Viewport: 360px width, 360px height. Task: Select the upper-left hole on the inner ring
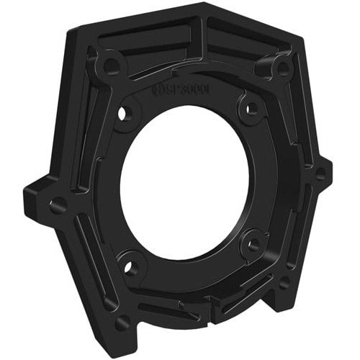coord(129,112)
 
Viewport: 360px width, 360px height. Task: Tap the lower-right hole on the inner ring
coord(253,244)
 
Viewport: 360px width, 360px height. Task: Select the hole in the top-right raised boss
coord(282,69)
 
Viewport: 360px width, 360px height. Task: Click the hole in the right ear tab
coord(320,173)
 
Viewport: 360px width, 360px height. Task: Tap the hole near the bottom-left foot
coord(122,322)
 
